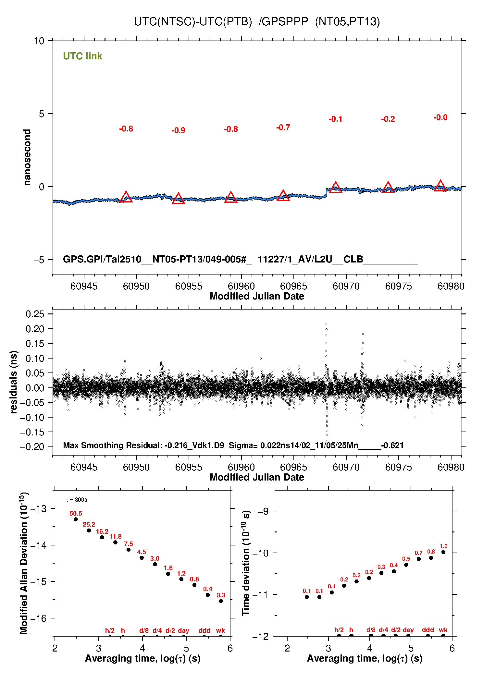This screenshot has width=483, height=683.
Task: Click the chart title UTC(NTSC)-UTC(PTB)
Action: click(x=193, y=22)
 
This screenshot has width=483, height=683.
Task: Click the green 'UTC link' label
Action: click(x=82, y=56)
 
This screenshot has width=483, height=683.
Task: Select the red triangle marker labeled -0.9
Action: click(x=178, y=199)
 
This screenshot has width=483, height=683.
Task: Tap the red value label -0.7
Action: click(x=283, y=128)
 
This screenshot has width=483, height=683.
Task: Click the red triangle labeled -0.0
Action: click(x=440, y=186)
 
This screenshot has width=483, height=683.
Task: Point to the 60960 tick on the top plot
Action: click(x=241, y=286)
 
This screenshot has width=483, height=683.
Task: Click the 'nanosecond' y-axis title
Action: click(x=27, y=157)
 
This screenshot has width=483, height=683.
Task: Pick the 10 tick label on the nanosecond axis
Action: click(x=39, y=41)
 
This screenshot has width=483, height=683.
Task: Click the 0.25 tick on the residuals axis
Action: click(x=35, y=314)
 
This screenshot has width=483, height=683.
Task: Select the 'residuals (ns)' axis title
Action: click(x=14, y=382)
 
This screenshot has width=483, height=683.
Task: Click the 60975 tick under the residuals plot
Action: click(x=398, y=467)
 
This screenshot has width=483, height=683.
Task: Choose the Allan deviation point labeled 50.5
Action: click(x=76, y=519)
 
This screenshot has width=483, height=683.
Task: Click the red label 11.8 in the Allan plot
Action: click(x=115, y=537)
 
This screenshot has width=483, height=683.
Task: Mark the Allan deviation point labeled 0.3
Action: click(x=221, y=601)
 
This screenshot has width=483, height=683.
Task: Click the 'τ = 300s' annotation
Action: click(x=77, y=500)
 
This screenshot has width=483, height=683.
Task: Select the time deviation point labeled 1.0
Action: click(x=443, y=552)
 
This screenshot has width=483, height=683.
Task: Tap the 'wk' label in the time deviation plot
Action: click(x=443, y=630)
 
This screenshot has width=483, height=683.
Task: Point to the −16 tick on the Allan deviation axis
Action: click(x=38, y=618)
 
